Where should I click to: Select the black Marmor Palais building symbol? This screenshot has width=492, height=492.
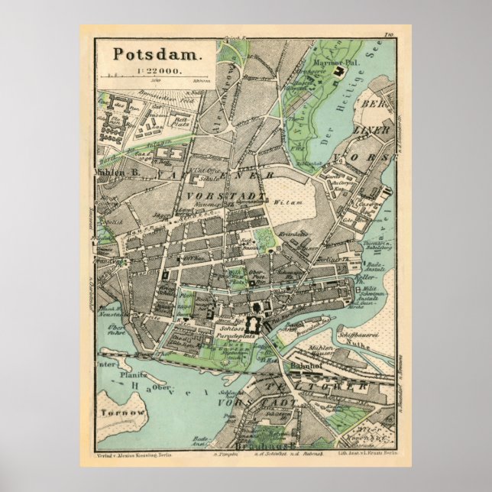338,71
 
